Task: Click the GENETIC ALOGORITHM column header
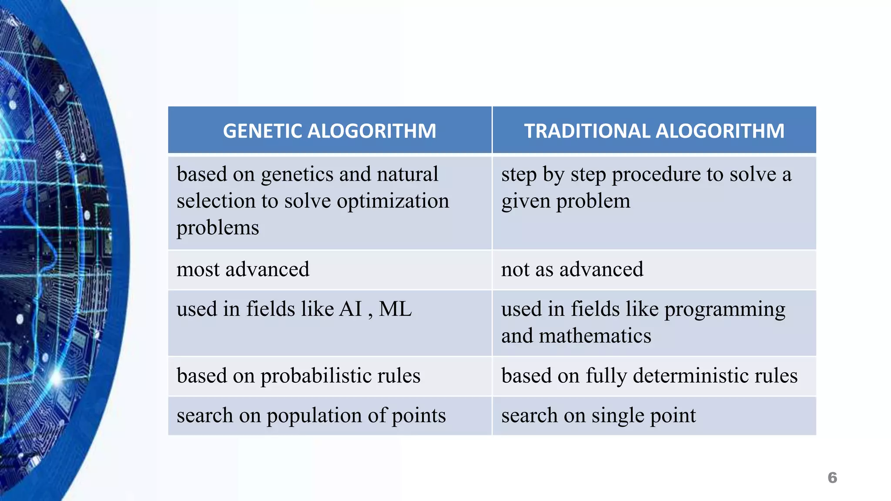[329, 131]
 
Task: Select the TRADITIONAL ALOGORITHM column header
[654, 131]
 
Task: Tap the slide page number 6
[832, 478]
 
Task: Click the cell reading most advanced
[243, 269]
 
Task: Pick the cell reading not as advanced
[572, 269]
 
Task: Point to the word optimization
[392, 201]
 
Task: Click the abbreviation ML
[395, 309]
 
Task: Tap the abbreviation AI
[350, 309]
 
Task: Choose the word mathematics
[595, 336]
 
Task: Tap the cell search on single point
[598, 415]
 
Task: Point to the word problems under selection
[218, 228]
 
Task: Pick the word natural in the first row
[407, 174]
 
